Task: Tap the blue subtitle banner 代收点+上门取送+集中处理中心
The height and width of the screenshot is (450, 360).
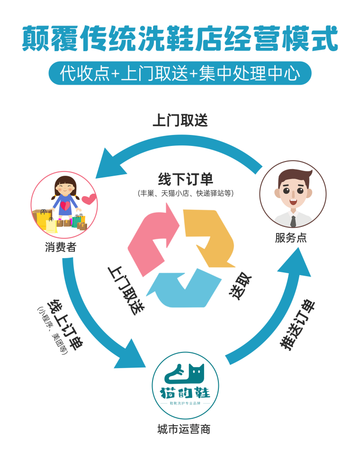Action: [180, 74]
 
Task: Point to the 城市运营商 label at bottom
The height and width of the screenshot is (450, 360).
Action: [184, 430]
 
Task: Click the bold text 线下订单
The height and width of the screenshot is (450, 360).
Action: [185, 180]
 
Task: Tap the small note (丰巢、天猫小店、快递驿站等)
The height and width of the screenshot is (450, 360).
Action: [185, 193]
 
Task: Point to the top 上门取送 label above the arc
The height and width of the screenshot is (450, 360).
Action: [180, 120]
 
